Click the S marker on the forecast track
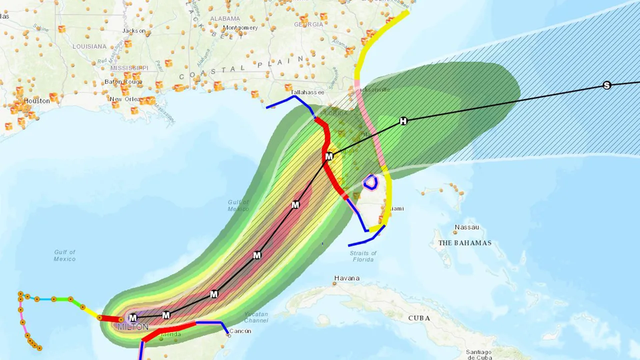pyautogui.click(x=607, y=85)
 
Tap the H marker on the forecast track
pyautogui.click(x=403, y=121)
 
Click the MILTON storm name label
pyautogui.click(x=133, y=326)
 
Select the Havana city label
pyautogui.click(x=347, y=278)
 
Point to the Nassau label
pyautogui.click(x=466, y=227)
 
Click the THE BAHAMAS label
pyautogui.click(x=464, y=243)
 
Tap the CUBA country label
pyautogui.click(x=419, y=318)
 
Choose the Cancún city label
pyautogui.click(x=241, y=331)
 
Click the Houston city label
pyautogui.click(x=37, y=101)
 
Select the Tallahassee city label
pyautogui.click(x=307, y=92)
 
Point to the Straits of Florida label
pyautogui.click(x=363, y=256)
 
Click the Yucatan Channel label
pyautogui.click(x=256, y=317)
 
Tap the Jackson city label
pyautogui.click(x=134, y=31)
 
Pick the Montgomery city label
pyautogui.click(x=240, y=28)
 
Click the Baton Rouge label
pyautogui.click(x=123, y=81)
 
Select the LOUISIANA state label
pyautogui.click(x=89, y=46)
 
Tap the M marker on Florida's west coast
pyautogui.click(x=329, y=157)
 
